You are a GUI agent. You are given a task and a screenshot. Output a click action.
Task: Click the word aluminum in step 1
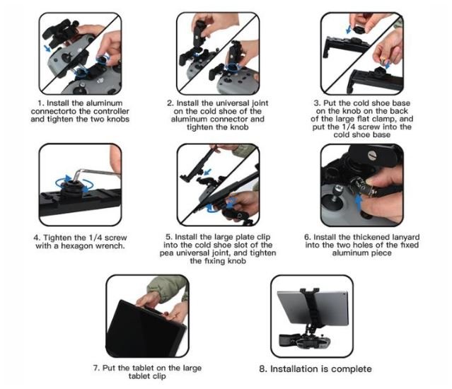click(x=105, y=103)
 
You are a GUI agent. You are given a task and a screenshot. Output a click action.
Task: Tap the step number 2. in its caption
click(x=170, y=103)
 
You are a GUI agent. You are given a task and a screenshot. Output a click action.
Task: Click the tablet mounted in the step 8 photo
click(x=313, y=307)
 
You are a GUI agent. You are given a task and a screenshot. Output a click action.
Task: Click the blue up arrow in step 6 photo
click(x=359, y=203)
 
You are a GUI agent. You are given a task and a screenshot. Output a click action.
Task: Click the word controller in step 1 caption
click(x=112, y=111)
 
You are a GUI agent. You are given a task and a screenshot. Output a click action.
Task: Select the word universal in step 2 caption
click(x=233, y=103)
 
